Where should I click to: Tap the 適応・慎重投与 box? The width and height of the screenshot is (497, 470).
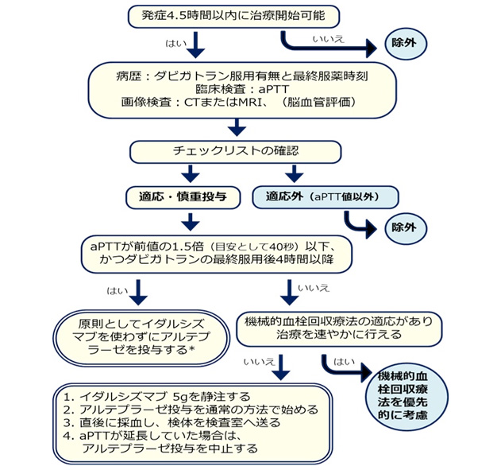click(184, 195)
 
